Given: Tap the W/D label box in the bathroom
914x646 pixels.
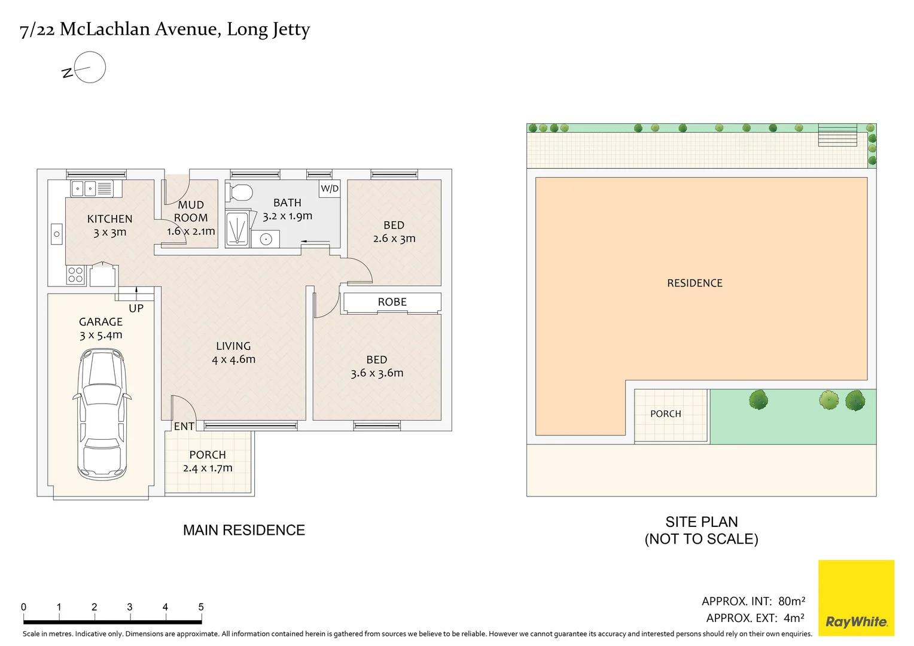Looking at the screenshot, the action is click(x=330, y=188).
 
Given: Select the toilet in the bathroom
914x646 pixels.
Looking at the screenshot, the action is click(x=240, y=193).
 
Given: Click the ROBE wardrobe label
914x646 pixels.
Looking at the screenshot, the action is click(x=392, y=302).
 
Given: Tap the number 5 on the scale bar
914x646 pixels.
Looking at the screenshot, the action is click(x=201, y=607).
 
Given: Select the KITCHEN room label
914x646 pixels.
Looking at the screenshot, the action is click(x=109, y=219).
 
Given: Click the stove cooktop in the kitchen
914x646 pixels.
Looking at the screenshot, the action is click(x=75, y=275).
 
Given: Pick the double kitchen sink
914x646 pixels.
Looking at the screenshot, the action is click(x=84, y=189).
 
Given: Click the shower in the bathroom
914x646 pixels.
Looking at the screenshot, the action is click(x=237, y=229).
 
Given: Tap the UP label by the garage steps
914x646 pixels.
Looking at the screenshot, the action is click(x=136, y=308).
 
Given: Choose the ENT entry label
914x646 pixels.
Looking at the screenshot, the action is click(x=184, y=426).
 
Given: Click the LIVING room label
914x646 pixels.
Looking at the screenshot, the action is click(x=233, y=346).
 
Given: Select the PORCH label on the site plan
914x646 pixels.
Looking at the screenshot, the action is click(x=665, y=414).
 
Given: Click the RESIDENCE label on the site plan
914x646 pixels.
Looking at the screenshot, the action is click(x=694, y=283).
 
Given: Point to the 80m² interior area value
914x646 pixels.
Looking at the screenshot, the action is click(x=791, y=601).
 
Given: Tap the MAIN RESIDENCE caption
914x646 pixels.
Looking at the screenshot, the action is click(x=244, y=530).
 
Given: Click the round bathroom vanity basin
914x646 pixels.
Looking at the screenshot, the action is click(x=266, y=239).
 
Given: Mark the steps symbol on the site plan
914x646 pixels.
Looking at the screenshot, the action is click(x=837, y=135).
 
